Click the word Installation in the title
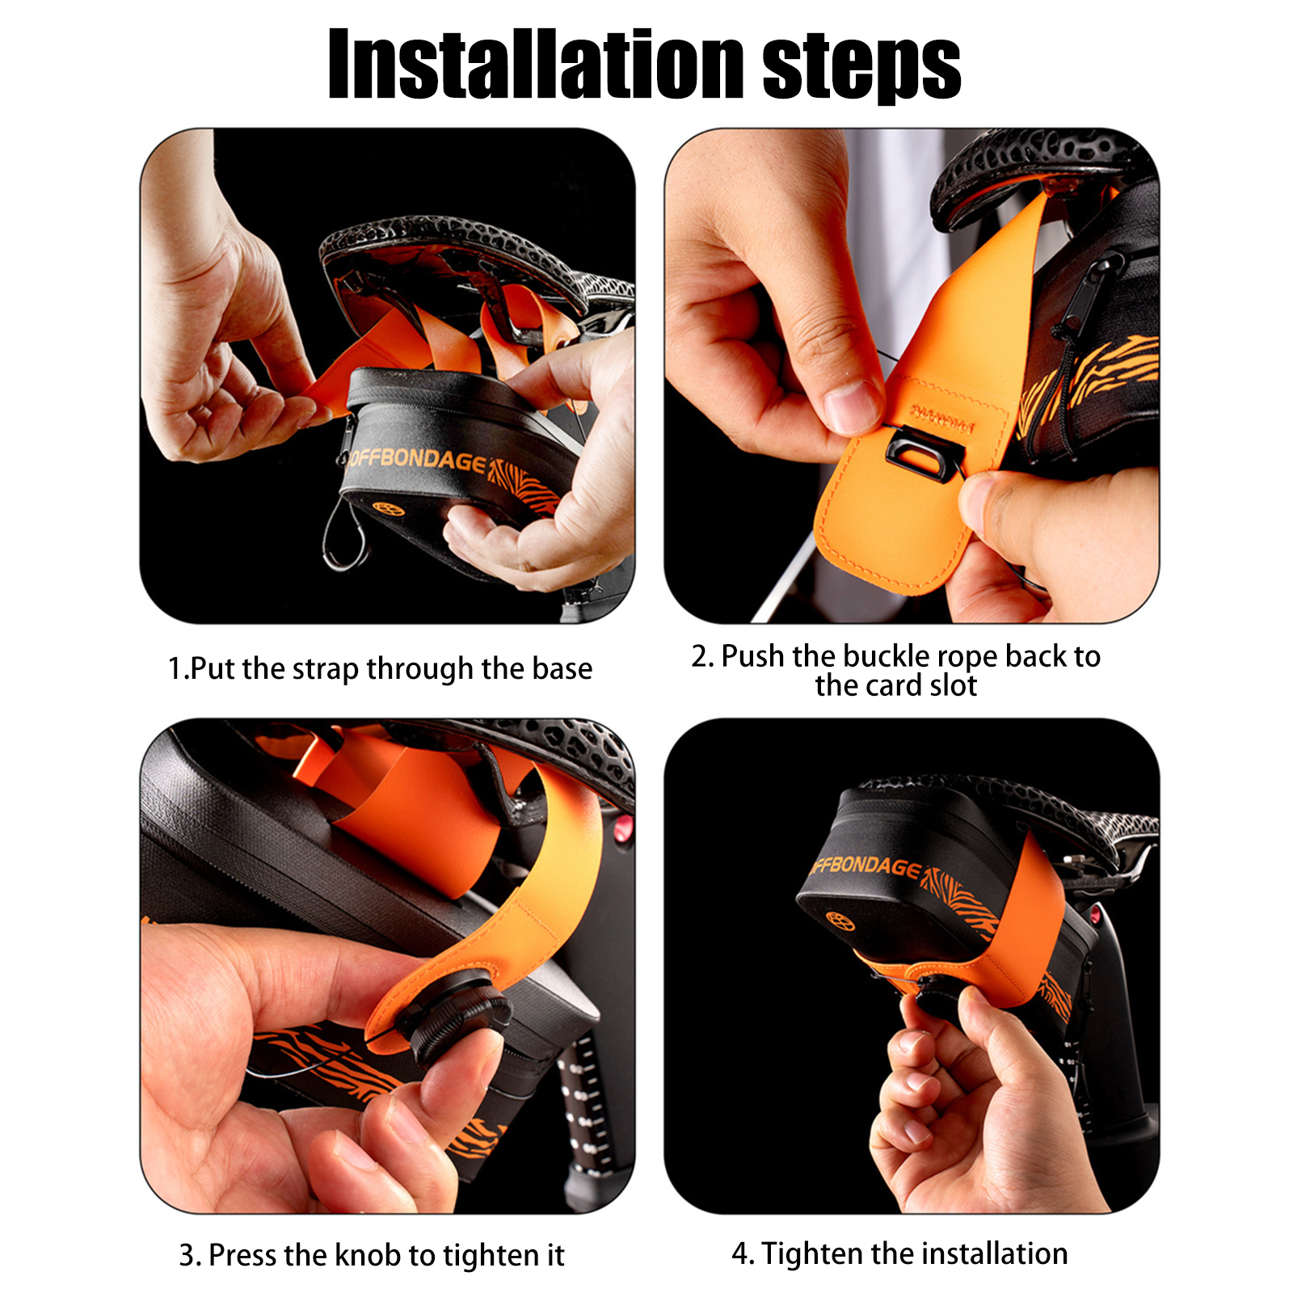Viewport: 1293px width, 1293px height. click(536, 64)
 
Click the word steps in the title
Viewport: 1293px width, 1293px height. click(861, 69)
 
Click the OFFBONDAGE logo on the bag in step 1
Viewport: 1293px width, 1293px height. click(418, 460)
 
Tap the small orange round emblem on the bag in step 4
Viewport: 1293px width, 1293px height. click(840, 920)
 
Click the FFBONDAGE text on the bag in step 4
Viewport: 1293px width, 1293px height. click(866, 866)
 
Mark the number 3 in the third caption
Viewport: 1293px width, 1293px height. click(187, 1256)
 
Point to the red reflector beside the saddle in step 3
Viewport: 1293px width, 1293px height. click(622, 829)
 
